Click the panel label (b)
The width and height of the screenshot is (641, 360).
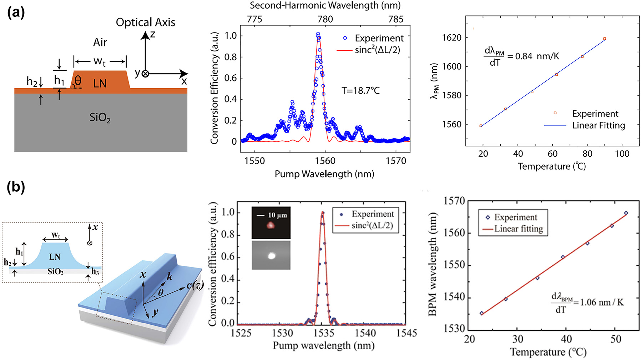point(16,187)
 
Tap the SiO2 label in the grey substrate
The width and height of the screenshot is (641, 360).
point(100,117)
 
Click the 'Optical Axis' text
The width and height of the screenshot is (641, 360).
point(145,22)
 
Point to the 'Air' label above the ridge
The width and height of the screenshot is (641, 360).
point(100,42)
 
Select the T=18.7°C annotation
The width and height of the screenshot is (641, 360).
point(360,91)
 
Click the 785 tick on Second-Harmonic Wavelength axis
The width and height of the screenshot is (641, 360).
point(396,19)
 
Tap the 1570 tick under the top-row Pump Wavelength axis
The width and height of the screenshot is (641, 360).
point(396,161)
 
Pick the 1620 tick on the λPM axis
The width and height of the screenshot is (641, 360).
point(451,37)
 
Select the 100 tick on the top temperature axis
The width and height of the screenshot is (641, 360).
point(622,154)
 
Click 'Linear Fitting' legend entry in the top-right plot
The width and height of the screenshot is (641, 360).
point(599,125)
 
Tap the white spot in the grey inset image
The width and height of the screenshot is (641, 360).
point(272,255)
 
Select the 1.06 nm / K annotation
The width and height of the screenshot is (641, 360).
point(602,302)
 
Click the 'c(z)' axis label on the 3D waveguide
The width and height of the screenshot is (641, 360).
point(195,285)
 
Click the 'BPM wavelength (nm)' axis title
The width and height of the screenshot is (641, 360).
point(432,264)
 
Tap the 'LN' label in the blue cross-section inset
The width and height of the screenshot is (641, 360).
point(55,257)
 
